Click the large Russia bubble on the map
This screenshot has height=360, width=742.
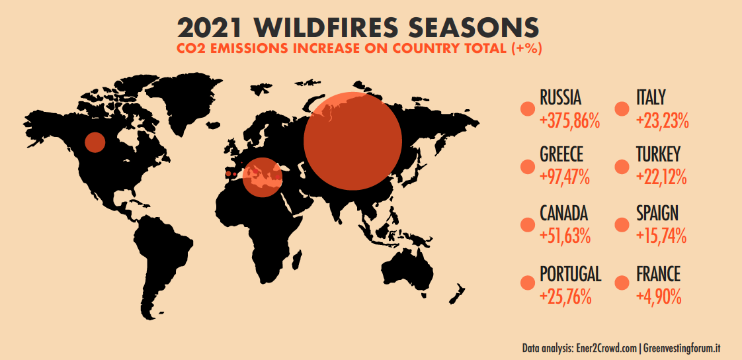click(x=352, y=141)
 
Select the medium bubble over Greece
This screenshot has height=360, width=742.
click(x=263, y=177)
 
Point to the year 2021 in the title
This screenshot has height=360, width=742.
click(x=210, y=28)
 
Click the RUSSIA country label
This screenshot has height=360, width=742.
click(x=561, y=98)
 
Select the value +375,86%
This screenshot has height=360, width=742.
click(x=570, y=121)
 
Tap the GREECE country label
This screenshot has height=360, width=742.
click(x=561, y=154)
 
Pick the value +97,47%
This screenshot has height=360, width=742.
click(x=565, y=177)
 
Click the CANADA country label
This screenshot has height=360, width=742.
click(x=563, y=213)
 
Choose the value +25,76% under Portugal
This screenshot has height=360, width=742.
click(x=565, y=296)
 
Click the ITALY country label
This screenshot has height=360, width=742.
click(x=651, y=98)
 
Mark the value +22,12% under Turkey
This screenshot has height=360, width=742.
click(x=661, y=177)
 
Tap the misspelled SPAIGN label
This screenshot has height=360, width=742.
click(x=657, y=213)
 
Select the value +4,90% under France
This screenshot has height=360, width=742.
click(x=659, y=296)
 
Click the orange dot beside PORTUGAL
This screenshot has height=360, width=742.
click(x=527, y=283)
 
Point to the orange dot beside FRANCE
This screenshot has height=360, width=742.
click(x=622, y=283)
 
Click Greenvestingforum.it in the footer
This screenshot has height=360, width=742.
click(x=682, y=348)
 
